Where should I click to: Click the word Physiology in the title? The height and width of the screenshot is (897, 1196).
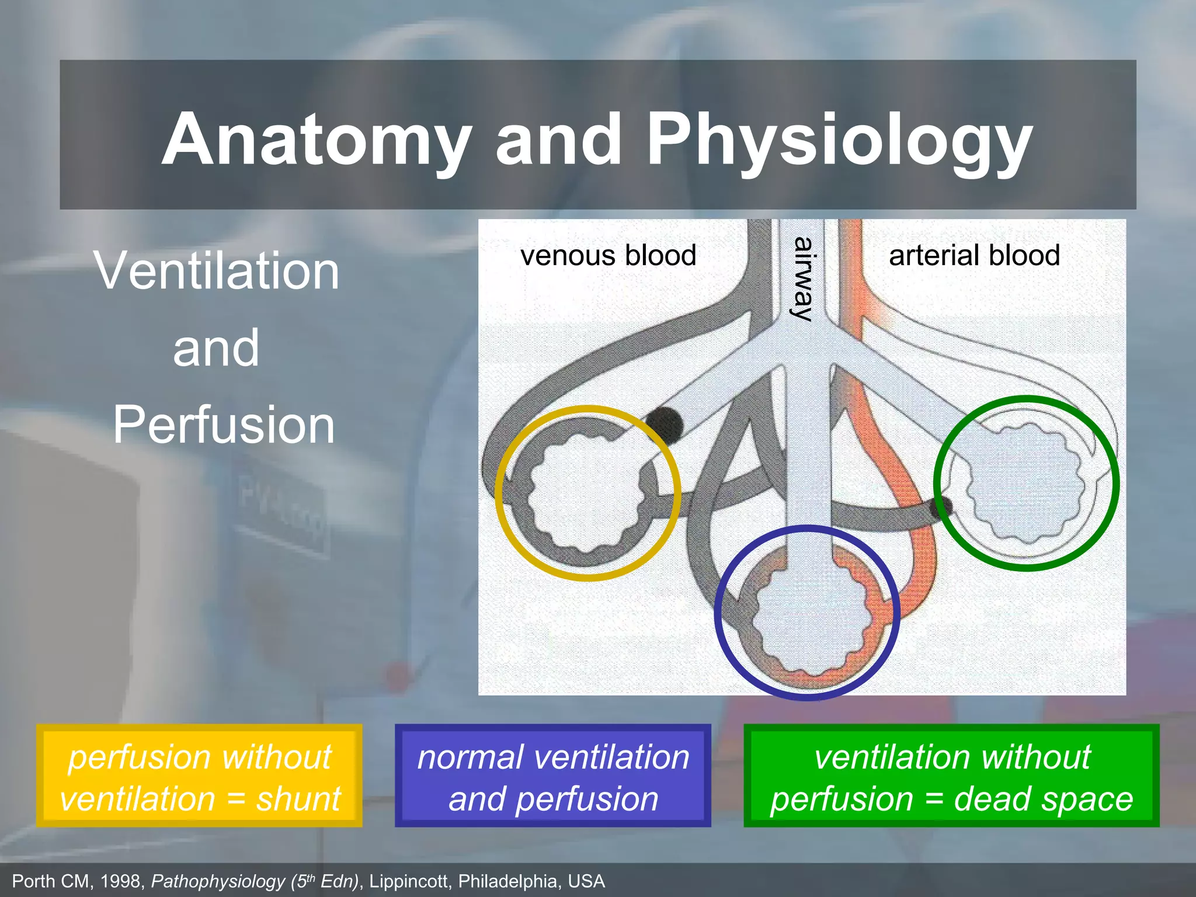839,140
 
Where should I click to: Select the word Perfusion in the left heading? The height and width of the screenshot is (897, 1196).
224,425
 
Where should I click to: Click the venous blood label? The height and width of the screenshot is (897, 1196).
608,255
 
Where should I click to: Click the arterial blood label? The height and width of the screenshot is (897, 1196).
974,255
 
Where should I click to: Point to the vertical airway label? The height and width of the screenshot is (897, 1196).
804,279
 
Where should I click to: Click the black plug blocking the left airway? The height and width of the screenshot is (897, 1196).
664,425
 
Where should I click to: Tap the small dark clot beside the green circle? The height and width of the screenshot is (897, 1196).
941,507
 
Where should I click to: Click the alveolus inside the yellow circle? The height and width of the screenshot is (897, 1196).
586,492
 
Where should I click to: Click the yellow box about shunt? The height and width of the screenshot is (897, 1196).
199,776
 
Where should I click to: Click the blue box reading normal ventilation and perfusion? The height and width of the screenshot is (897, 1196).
552,776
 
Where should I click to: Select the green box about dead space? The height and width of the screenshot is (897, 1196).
951,776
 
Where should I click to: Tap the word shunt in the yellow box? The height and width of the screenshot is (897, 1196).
298,799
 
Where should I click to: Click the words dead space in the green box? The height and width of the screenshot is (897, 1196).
1043,799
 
